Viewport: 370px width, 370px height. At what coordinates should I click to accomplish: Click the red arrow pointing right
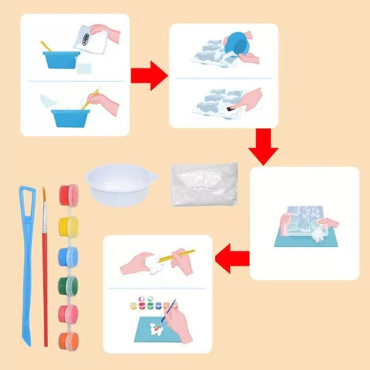pos(149,75)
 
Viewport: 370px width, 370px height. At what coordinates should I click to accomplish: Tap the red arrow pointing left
pos(231,260)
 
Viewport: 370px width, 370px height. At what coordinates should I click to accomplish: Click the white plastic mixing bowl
pos(120,183)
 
